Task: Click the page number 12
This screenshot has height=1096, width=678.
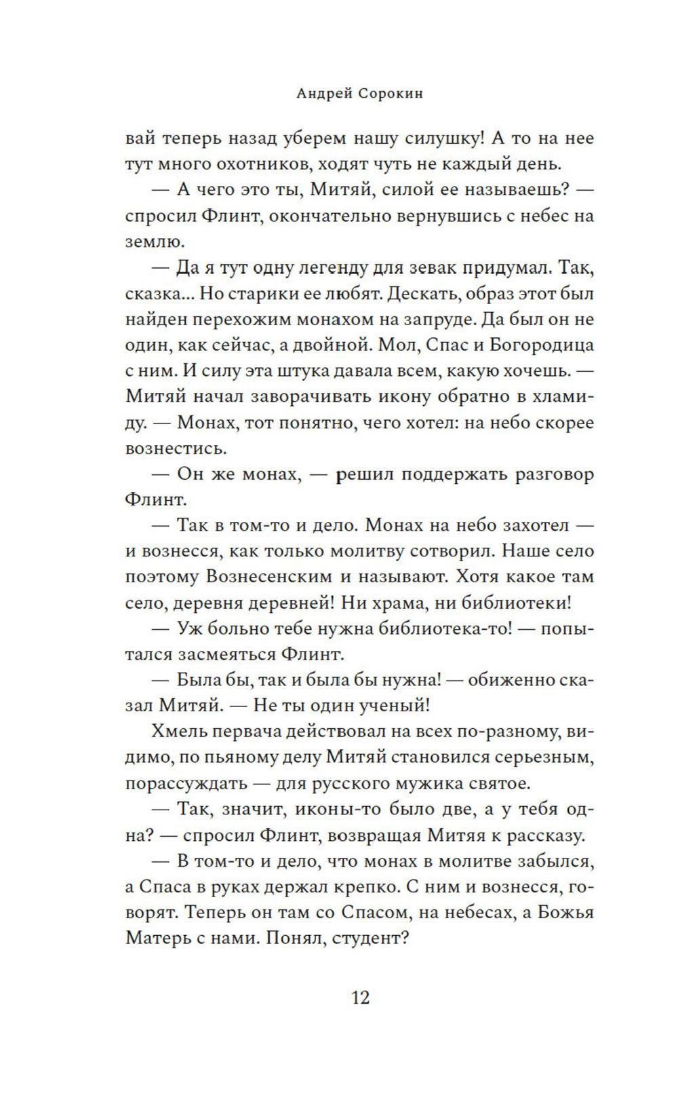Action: tap(360, 998)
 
